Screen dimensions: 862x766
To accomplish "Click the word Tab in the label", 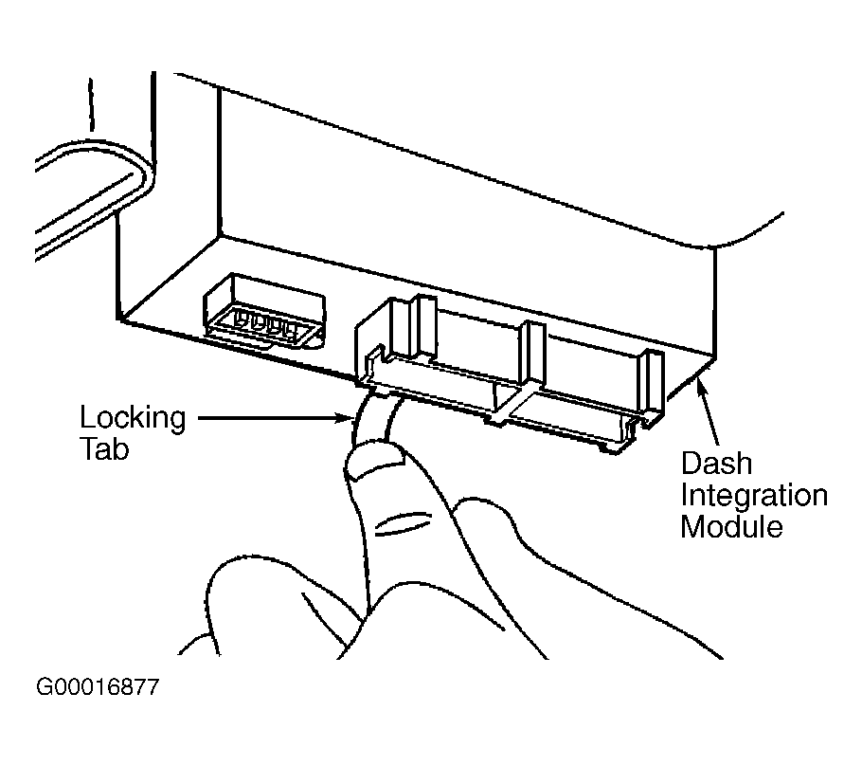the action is click(x=104, y=449).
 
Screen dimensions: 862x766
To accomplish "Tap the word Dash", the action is click(x=716, y=464).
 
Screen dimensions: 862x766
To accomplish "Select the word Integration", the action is click(x=754, y=495).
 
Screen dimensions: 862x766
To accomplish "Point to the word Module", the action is click(x=731, y=526).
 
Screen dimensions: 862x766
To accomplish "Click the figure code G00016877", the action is click(x=98, y=686).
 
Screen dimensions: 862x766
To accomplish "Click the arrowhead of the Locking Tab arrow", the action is click(x=344, y=419).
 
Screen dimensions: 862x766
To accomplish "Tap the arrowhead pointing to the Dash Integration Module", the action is click(x=702, y=385).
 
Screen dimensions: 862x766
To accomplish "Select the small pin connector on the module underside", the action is click(x=264, y=313).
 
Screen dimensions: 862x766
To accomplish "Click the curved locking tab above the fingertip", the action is click(x=375, y=418).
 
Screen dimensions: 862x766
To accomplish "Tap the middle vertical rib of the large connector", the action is click(x=531, y=352).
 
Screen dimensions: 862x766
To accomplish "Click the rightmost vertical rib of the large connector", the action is click(x=651, y=381).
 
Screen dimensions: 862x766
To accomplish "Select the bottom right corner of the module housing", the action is click(x=715, y=358).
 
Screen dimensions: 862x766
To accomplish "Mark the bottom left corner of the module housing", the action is click(x=117, y=319).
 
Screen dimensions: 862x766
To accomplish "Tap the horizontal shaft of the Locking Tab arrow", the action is click(x=266, y=419).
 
